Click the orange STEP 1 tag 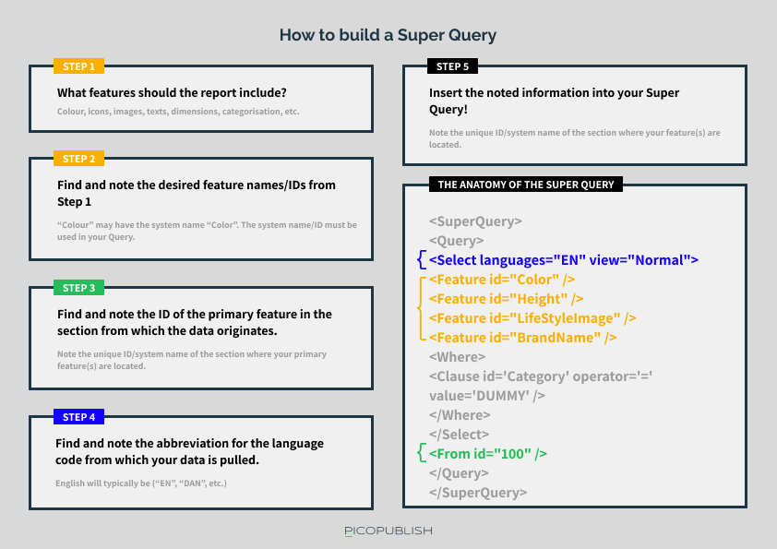pos(78,66)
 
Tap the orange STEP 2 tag pos(78,159)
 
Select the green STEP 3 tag pos(78,288)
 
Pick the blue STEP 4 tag pos(78,417)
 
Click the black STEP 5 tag pos(452,66)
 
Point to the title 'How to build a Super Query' pos(388,35)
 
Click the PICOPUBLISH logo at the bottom pos(388,531)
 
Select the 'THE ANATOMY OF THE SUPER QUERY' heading pos(526,185)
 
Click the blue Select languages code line pos(564,260)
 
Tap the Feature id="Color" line pos(502,280)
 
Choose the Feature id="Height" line pos(506,299)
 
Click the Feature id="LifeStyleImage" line pos(532,318)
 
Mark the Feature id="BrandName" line pos(523,338)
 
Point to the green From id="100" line pos(488,454)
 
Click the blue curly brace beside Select pos(422,259)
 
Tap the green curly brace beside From pos(422,453)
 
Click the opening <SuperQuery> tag pos(476,221)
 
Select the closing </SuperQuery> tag pos(478,493)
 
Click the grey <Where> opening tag pos(458,357)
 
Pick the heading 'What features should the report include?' pos(172,92)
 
